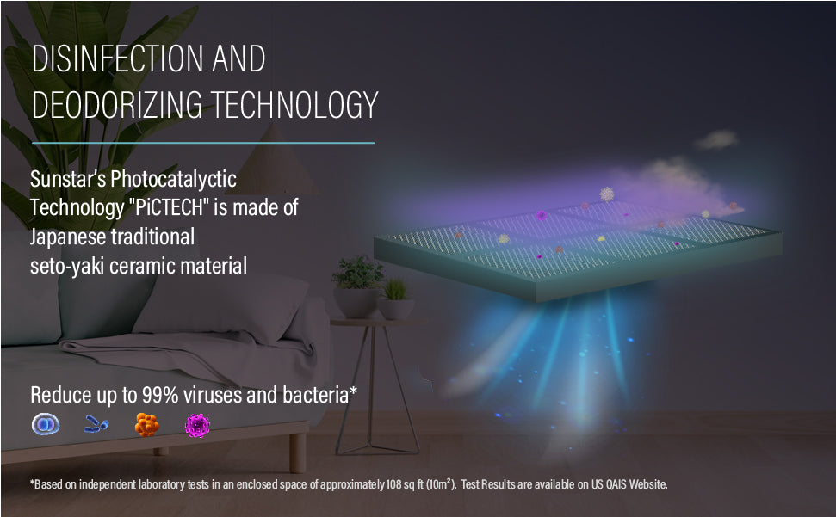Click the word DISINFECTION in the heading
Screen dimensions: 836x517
coord(117,58)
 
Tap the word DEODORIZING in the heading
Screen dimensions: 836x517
coord(117,104)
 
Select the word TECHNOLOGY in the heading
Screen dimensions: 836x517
coord(294,104)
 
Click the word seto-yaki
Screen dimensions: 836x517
coord(66,266)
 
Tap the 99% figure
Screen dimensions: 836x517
coord(159,395)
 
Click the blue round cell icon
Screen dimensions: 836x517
coord(46,424)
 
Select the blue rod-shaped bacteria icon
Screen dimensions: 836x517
coord(96,424)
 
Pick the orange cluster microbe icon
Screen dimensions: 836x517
coord(146,425)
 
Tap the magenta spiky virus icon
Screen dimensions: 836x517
coord(197,426)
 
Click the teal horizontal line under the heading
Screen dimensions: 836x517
coord(203,143)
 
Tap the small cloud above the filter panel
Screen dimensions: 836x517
coord(716,140)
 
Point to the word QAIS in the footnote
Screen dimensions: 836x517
coord(616,484)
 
